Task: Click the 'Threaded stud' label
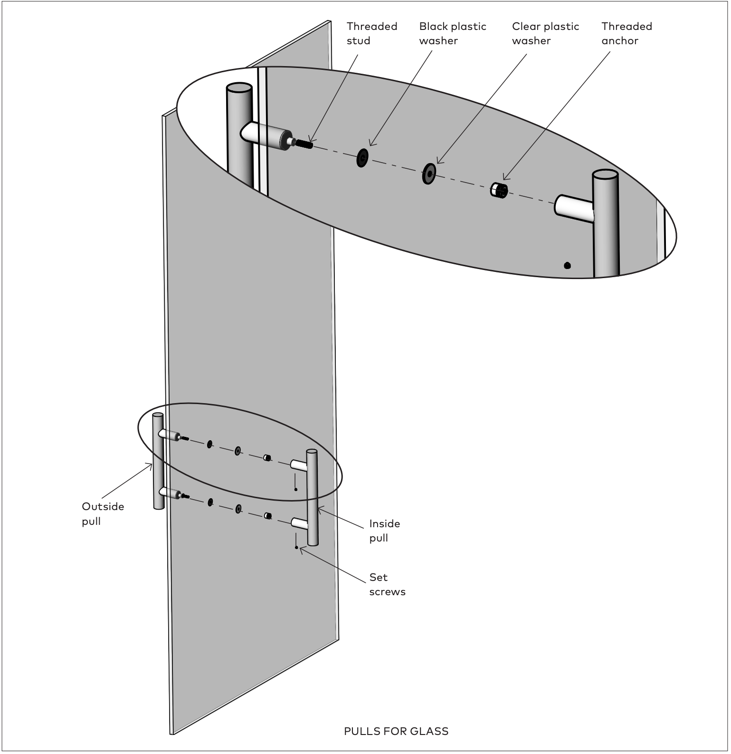pyautogui.click(x=372, y=33)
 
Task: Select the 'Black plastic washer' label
pyautogui.click(x=453, y=33)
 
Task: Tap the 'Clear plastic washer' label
pyautogui.click(x=545, y=33)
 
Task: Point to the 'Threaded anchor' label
pyautogui.click(x=627, y=33)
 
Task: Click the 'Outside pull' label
pyautogui.click(x=103, y=514)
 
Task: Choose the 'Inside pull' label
pyautogui.click(x=385, y=531)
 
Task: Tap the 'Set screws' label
pyautogui.click(x=387, y=584)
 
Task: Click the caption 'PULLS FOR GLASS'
pyautogui.click(x=396, y=731)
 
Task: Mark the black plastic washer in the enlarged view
pyautogui.click(x=362, y=158)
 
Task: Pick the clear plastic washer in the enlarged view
pyautogui.click(x=429, y=174)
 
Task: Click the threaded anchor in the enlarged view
pyautogui.click(x=499, y=190)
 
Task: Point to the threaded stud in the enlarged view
pyautogui.click(x=303, y=143)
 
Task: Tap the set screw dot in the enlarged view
pyautogui.click(x=567, y=266)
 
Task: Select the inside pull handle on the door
pyautogui.click(x=312, y=497)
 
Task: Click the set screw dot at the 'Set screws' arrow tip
pyautogui.click(x=296, y=547)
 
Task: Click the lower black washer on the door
pyautogui.click(x=210, y=502)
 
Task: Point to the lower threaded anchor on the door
pyautogui.click(x=267, y=515)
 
